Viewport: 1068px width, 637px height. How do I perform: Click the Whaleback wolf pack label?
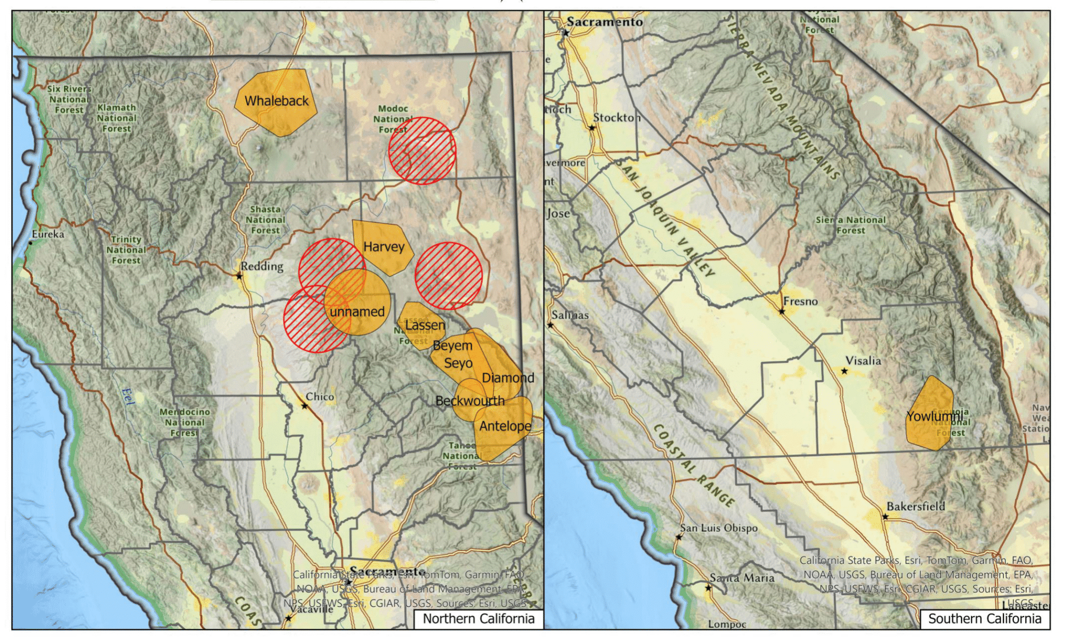pyautogui.click(x=276, y=101)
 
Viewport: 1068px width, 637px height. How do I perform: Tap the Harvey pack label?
pyautogui.click(x=384, y=247)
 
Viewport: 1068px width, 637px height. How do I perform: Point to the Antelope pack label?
pyautogui.click(x=505, y=426)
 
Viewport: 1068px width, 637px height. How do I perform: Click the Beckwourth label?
pyautogui.click(x=470, y=401)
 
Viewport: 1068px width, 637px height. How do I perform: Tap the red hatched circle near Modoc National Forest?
pyautogui.click(x=422, y=151)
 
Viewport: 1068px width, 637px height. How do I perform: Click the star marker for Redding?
pyautogui.click(x=239, y=276)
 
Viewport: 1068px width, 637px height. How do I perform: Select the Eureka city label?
pyautogui.click(x=48, y=234)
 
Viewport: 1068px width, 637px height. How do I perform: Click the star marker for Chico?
pyautogui.click(x=305, y=405)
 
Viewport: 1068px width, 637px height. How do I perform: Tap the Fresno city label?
pyautogui.click(x=800, y=301)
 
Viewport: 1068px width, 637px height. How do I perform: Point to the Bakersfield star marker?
pyautogui.click(x=885, y=516)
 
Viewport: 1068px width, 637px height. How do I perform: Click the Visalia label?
pyautogui.click(x=863, y=360)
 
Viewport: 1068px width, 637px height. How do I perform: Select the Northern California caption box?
pyautogui.click(x=478, y=619)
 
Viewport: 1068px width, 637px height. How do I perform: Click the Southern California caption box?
pyautogui.click(x=984, y=619)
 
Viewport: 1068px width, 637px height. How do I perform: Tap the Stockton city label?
pyautogui.click(x=616, y=117)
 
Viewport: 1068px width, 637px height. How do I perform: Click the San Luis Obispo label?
pyautogui.click(x=718, y=528)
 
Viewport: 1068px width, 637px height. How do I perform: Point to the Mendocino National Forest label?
pyautogui.click(x=185, y=422)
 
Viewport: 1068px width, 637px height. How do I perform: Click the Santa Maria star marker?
pyautogui.click(x=708, y=588)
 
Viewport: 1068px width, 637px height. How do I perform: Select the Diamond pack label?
pyautogui.click(x=507, y=378)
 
